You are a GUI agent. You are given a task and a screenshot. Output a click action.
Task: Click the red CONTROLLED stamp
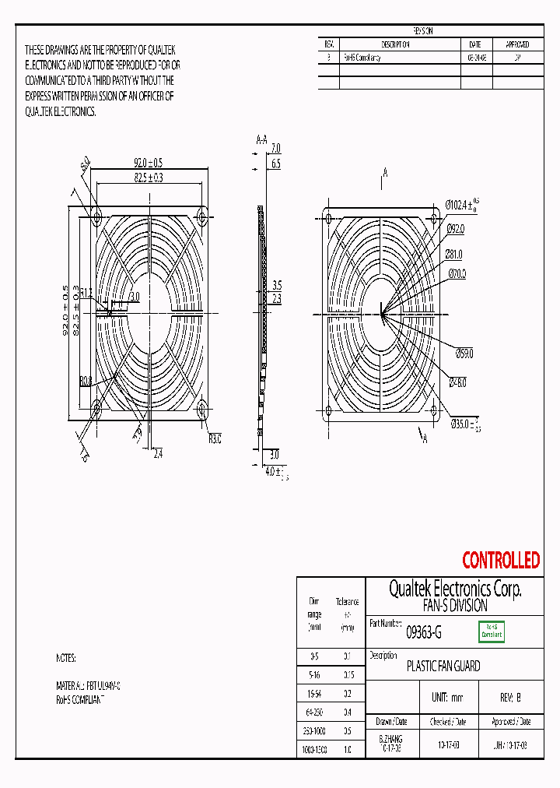pos(500,560)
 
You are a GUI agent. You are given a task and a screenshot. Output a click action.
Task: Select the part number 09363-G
pos(424,633)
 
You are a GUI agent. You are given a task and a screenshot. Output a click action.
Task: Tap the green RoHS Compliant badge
pos(491,631)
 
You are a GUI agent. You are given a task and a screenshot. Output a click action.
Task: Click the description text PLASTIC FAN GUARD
pos(443,667)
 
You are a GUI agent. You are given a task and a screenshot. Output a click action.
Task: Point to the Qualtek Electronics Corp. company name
pos(455,589)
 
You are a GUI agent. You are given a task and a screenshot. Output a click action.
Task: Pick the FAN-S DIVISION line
pos(455,605)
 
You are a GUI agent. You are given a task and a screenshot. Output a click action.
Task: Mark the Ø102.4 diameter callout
pos(460,205)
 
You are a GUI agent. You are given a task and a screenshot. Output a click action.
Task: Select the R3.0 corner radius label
pos(215,439)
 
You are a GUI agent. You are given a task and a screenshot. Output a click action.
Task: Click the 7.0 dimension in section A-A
pos(275,148)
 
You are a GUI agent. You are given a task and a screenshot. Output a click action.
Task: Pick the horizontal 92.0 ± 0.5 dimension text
pos(148,163)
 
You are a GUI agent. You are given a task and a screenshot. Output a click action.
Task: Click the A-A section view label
pos(262,139)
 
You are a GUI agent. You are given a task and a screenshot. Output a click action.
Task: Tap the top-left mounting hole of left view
pos(97,212)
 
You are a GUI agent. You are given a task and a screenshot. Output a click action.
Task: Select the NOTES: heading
pos(66,658)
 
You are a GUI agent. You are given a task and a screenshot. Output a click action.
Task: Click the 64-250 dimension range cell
pos(314,711)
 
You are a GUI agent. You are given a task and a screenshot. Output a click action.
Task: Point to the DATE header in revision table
pos(475,44)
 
